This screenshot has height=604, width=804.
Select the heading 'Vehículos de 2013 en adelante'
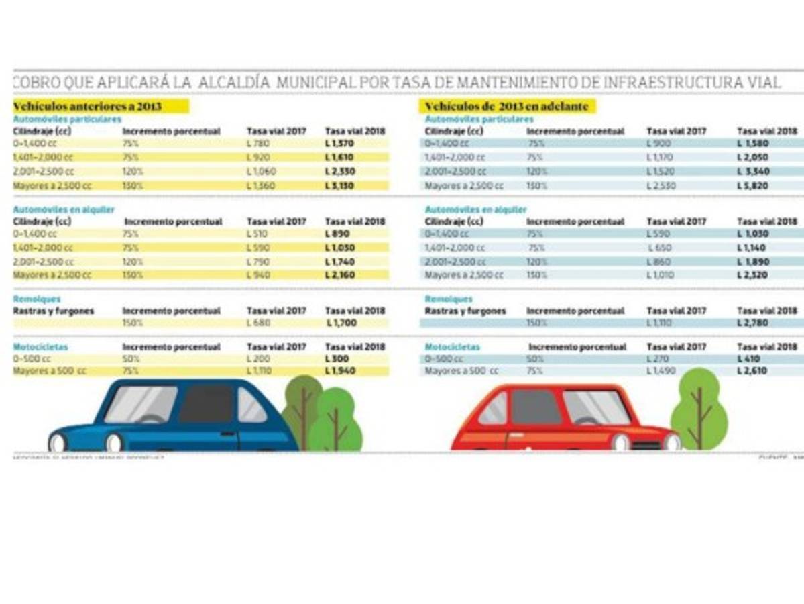(x=507, y=107)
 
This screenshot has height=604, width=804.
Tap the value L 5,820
(x=753, y=185)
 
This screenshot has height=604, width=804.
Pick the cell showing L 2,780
(x=753, y=323)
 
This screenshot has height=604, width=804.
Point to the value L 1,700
(x=341, y=323)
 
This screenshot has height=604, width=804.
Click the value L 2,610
(x=753, y=371)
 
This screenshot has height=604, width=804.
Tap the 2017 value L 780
(x=258, y=143)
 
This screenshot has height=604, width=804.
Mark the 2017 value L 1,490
(x=661, y=371)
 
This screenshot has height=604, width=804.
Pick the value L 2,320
(x=753, y=274)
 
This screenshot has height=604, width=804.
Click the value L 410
(x=750, y=359)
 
